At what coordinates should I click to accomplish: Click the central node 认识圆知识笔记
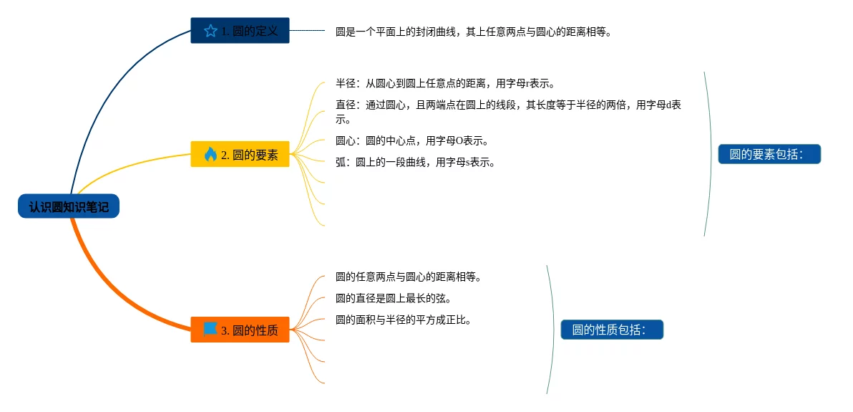coord(69,207)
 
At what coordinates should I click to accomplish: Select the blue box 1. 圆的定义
coord(240,31)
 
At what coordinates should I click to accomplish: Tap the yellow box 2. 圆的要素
coord(240,154)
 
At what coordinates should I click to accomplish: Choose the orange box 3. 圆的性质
coord(240,330)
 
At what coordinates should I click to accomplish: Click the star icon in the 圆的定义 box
coord(210,31)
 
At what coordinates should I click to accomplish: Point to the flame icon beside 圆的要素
coord(210,154)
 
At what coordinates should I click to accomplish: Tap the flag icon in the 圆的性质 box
coord(210,329)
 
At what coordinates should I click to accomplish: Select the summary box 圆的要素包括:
coord(769,154)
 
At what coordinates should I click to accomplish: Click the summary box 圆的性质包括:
coord(612,330)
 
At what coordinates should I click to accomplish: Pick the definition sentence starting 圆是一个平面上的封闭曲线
coord(474,32)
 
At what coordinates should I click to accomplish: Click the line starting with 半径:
coord(445,83)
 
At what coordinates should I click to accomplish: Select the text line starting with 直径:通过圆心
coord(508,105)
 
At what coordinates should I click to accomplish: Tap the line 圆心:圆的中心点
coord(412,140)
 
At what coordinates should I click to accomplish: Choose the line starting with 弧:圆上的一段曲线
coord(415,162)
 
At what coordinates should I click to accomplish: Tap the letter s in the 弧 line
coord(469,163)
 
